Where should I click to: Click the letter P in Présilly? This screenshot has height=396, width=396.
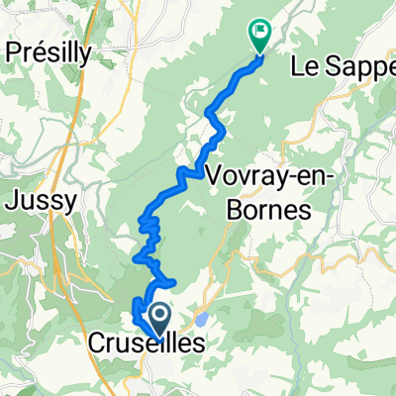13,52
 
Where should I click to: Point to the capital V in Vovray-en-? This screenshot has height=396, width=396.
215,175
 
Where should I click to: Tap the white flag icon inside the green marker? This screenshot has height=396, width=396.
260,31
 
